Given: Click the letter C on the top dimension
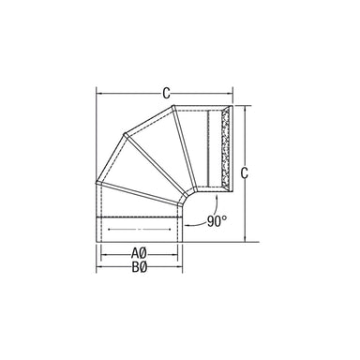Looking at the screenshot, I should pyautogui.click(x=165, y=92).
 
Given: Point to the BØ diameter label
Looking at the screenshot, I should pyautogui.click(x=138, y=267).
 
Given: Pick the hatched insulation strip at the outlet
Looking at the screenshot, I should pyautogui.click(x=225, y=151).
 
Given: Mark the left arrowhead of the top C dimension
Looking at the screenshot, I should pyautogui.click(x=99, y=93).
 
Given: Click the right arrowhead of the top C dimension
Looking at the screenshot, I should pyautogui.click(x=228, y=93).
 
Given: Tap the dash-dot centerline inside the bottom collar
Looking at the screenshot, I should pyautogui.click(x=138, y=229).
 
